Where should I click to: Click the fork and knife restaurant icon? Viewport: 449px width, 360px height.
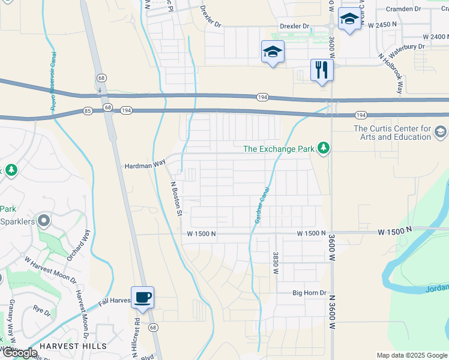point(322,70)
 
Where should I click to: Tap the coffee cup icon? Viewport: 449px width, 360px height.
point(143,297)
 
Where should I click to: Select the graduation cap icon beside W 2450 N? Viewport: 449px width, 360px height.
point(349,20)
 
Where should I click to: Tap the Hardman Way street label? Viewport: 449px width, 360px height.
point(144,164)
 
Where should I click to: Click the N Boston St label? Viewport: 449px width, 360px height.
point(176,199)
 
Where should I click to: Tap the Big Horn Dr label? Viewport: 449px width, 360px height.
point(309,293)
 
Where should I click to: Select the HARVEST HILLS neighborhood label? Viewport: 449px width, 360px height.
point(74,346)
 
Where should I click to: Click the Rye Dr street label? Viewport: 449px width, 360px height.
point(42,310)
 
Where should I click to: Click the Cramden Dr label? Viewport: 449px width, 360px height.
point(403,9)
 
